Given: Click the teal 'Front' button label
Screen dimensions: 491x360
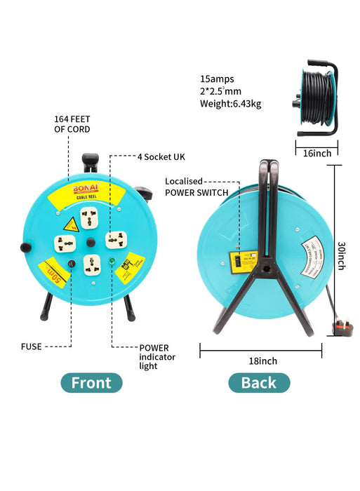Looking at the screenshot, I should click(91, 382).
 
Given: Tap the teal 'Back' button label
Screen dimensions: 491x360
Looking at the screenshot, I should click(258, 382).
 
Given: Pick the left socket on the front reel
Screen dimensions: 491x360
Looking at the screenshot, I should click(66, 243).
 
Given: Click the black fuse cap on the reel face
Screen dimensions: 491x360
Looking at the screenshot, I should click(70, 265).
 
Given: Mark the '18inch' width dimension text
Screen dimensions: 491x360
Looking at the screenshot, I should click(262, 361).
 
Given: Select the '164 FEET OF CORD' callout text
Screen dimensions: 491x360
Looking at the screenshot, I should click(72, 123).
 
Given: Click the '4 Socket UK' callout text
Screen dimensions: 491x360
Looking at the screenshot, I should click(159, 156).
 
